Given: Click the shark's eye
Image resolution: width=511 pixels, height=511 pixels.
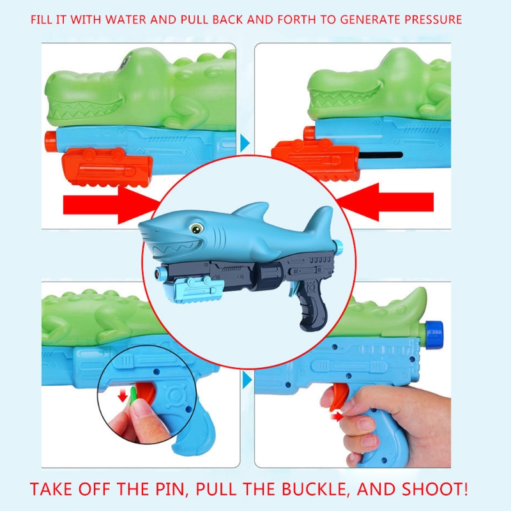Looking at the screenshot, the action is [x=196, y=229].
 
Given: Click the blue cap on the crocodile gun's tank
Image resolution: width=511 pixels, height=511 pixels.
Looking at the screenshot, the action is [x=434, y=334].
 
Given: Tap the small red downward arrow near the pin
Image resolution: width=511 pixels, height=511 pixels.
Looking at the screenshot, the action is [x=123, y=396].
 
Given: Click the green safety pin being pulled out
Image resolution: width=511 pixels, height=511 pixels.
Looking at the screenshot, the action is [x=133, y=395].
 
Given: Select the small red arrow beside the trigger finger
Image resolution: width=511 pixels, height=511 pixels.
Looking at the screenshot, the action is [x=337, y=416].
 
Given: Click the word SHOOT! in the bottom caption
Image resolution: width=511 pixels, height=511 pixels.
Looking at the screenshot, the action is [x=435, y=489].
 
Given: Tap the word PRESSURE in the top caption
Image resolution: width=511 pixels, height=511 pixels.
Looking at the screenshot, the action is [x=433, y=20].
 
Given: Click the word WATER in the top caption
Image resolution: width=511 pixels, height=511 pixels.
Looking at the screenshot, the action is [x=126, y=20].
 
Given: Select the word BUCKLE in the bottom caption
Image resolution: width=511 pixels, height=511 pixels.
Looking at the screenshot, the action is [x=315, y=489].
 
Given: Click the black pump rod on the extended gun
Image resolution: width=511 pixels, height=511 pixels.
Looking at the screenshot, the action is [x=381, y=155].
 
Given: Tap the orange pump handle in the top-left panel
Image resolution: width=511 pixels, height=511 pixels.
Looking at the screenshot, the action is [x=107, y=167].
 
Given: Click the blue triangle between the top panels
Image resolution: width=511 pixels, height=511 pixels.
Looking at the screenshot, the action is [x=245, y=143].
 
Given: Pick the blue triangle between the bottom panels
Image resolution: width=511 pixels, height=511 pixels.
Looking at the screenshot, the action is [x=247, y=380].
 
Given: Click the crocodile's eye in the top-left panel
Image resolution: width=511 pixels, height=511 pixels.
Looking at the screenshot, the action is [x=124, y=62].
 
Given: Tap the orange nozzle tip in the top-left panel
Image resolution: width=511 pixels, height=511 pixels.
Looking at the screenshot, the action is [x=50, y=141].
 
